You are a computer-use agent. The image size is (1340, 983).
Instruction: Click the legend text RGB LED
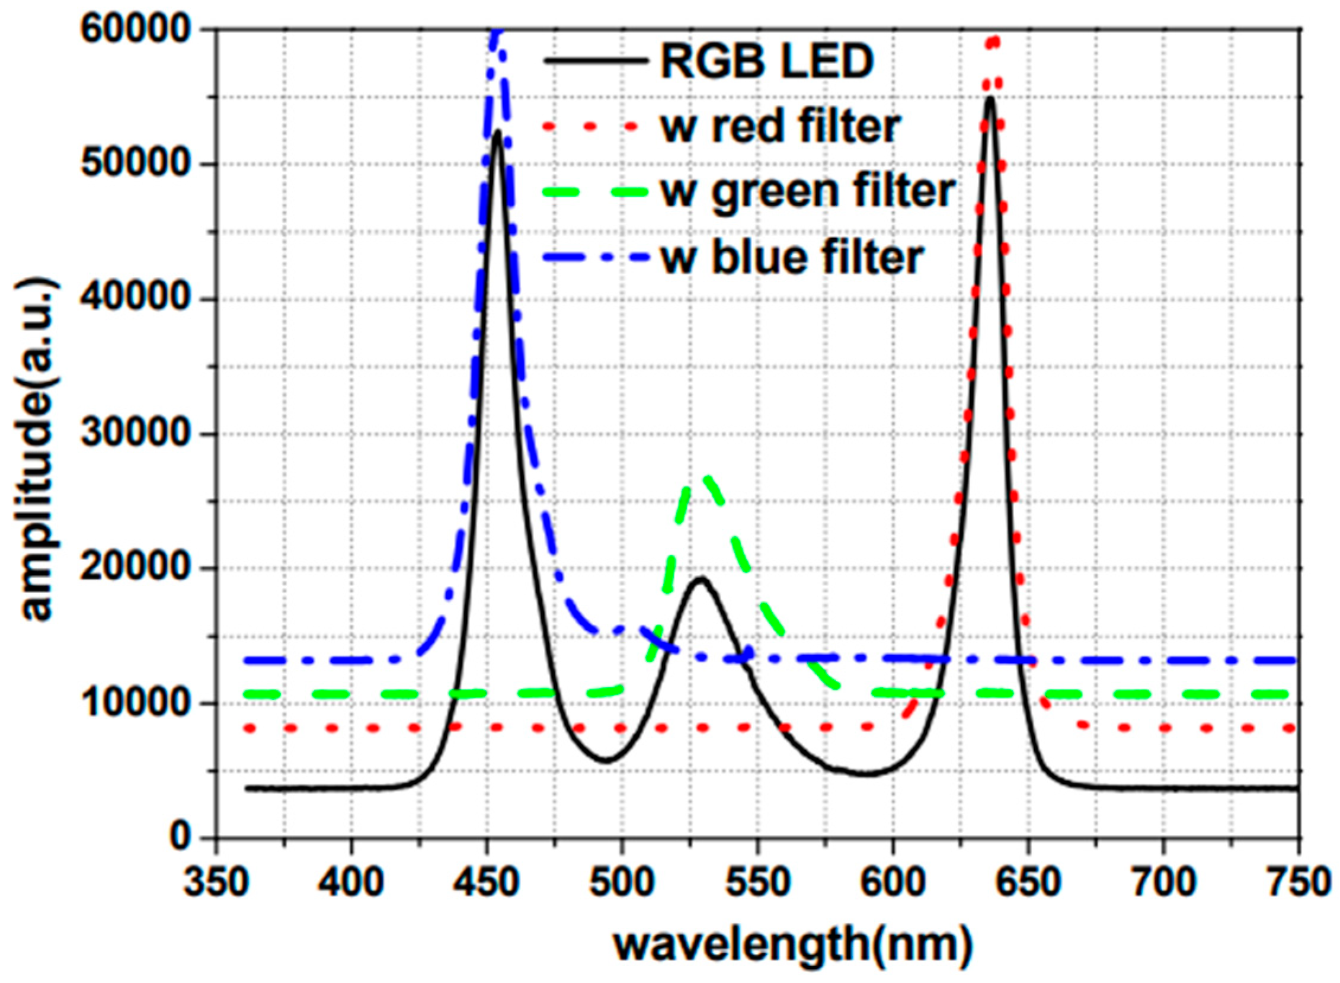click(x=767, y=61)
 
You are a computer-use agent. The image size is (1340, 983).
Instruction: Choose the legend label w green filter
click(x=807, y=191)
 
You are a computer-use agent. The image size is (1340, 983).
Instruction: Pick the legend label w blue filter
click(x=792, y=257)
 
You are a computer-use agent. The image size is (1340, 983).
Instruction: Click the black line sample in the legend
click(x=595, y=60)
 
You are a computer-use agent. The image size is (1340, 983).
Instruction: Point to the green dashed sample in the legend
click(x=595, y=192)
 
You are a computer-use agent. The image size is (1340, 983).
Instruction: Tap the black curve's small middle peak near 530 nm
click(x=702, y=578)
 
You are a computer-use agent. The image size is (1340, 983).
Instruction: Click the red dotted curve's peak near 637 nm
click(x=992, y=40)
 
